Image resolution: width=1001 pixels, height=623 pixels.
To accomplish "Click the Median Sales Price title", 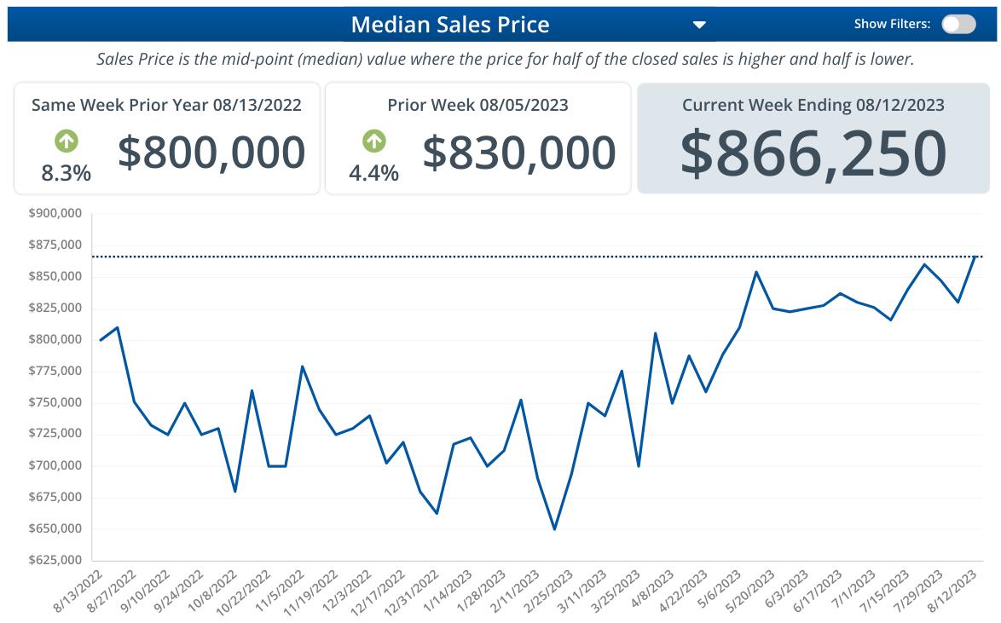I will [x=449, y=24].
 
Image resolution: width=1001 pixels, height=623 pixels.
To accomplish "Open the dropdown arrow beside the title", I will [x=699, y=25].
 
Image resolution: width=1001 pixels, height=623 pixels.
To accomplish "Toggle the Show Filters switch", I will [x=958, y=24].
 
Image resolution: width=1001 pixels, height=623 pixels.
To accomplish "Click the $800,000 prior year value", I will [x=211, y=152].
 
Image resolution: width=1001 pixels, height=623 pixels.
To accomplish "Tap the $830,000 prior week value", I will [x=518, y=152].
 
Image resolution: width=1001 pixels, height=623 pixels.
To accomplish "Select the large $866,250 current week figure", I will [x=813, y=153].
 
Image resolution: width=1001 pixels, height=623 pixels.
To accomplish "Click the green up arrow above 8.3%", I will [x=66, y=140].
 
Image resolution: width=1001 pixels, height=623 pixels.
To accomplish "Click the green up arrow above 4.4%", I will [x=373, y=140].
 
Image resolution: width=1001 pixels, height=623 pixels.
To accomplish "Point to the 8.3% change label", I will [x=66, y=173].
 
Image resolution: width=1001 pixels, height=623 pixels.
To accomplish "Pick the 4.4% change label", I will [x=373, y=173].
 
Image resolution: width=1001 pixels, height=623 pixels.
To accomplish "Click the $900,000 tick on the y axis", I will [x=55, y=213].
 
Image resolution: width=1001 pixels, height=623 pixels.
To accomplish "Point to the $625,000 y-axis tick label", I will [x=55, y=560].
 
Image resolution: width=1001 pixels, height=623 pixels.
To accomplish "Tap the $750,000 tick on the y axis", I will [x=55, y=402].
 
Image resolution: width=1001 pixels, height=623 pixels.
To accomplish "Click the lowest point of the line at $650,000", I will [x=554, y=528].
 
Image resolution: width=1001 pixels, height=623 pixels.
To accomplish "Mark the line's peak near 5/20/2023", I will [x=755, y=272].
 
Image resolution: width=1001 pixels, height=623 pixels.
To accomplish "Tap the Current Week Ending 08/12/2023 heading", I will [x=813, y=105].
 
